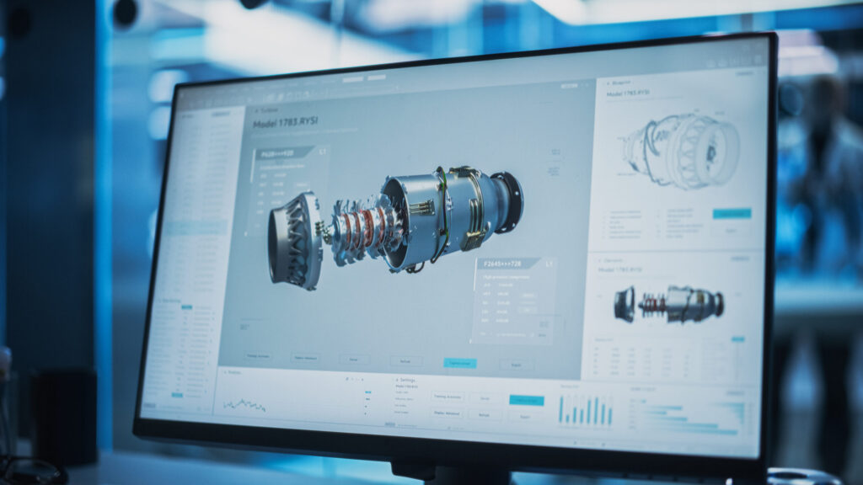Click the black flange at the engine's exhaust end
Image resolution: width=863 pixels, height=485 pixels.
(x=508, y=201)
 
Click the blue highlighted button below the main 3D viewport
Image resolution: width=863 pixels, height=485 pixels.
(x=459, y=363)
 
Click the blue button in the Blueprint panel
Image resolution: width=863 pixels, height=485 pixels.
(x=731, y=214)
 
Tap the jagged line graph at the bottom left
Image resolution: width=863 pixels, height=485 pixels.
(x=244, y=405)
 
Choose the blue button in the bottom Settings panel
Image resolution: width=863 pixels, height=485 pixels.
(x=526, y=401)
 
